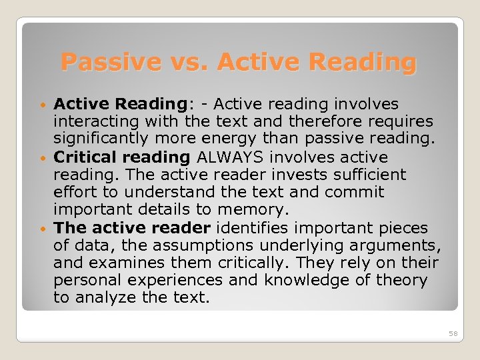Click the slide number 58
(x=453, y=333)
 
